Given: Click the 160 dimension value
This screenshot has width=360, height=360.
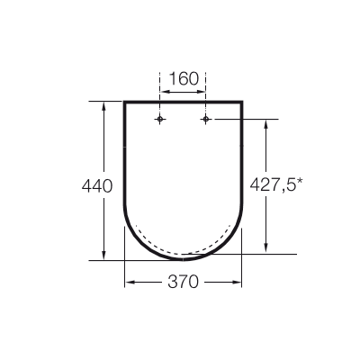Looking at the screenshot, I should [x=184, y=78].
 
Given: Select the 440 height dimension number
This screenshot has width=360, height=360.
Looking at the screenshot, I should [x=96, y=186].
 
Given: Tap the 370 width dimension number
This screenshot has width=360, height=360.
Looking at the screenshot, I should [x=183, y=282].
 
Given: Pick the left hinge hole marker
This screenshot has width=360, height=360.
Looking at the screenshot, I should [x=160, y=119].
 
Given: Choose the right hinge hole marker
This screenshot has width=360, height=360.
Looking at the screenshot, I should [x=206, y=119].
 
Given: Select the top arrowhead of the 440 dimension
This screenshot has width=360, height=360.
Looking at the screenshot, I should [x=107, y=104].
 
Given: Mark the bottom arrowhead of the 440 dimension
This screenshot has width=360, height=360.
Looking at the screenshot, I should [x=107, y=255].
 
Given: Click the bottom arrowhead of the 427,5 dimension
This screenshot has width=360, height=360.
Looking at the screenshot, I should [x=265, y=249].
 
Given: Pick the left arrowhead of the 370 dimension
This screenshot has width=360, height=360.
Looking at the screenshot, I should [x=128, y=283].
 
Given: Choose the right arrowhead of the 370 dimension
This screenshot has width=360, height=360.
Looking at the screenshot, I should [x=239, y=283].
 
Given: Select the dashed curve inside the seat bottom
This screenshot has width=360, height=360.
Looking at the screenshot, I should [x=184, y=251].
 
